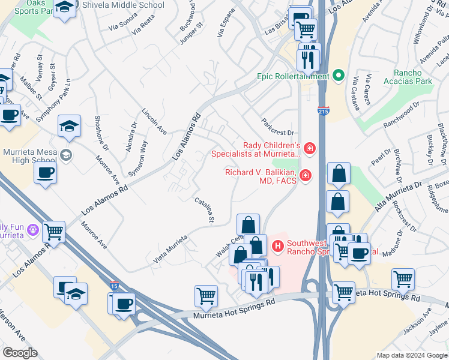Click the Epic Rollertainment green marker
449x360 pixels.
[338, 76]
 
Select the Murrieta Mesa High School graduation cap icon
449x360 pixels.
[65, 155]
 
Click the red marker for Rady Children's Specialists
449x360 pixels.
[309, 148]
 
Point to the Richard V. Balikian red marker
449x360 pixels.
[306, 175]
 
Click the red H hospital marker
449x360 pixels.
[277, 245]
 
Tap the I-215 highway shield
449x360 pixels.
[323, 110]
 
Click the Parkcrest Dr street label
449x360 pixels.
[277, 127]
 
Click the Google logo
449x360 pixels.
[20, 353]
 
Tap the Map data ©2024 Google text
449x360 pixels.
[412, 355]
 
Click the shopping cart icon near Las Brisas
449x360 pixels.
[306, 29]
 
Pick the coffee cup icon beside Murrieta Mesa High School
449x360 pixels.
[46, 174]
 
